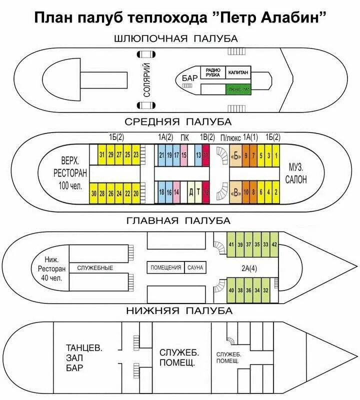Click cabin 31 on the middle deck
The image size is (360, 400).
point(102,154)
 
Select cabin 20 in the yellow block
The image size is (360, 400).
point(135,193)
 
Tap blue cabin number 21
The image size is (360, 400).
point(161,155)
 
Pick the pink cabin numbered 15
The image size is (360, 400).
point(184,155)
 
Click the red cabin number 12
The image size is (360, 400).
point(205,193)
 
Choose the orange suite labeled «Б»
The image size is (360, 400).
point(235,155)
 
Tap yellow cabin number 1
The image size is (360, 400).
point(276,155)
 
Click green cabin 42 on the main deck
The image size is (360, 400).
point(274,244)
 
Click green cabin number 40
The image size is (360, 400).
point(231,290)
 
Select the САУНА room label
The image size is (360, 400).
point(195,267)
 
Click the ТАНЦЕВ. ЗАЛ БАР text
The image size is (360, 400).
point(83,358)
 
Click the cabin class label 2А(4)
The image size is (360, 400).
point(248,268)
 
